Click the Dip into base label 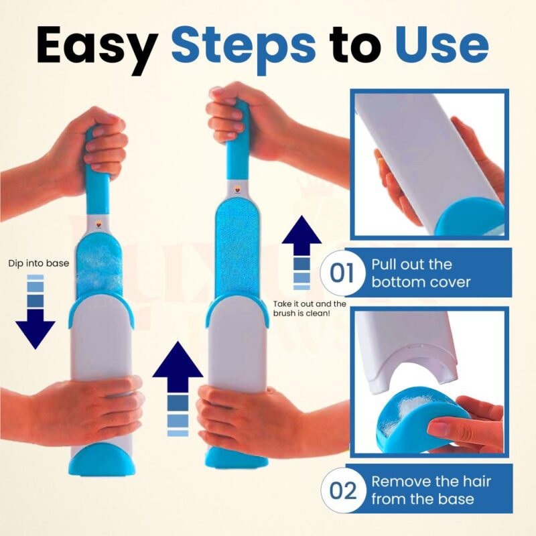39,263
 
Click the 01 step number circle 342,272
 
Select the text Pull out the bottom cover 421,273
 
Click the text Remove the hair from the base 431,490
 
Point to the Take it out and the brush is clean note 310,308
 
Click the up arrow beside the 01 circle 301,253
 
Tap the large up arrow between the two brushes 178,389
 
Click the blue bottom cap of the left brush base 102,460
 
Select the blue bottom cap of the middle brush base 237,457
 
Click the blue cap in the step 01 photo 472,216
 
